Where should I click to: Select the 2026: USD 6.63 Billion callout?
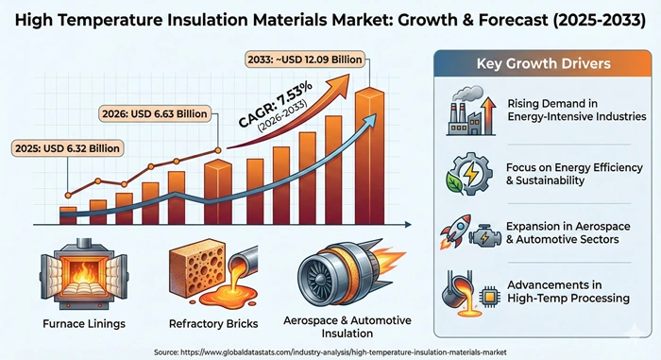(x=158, y=115)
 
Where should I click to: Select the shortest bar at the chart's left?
(x=67, y=214)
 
